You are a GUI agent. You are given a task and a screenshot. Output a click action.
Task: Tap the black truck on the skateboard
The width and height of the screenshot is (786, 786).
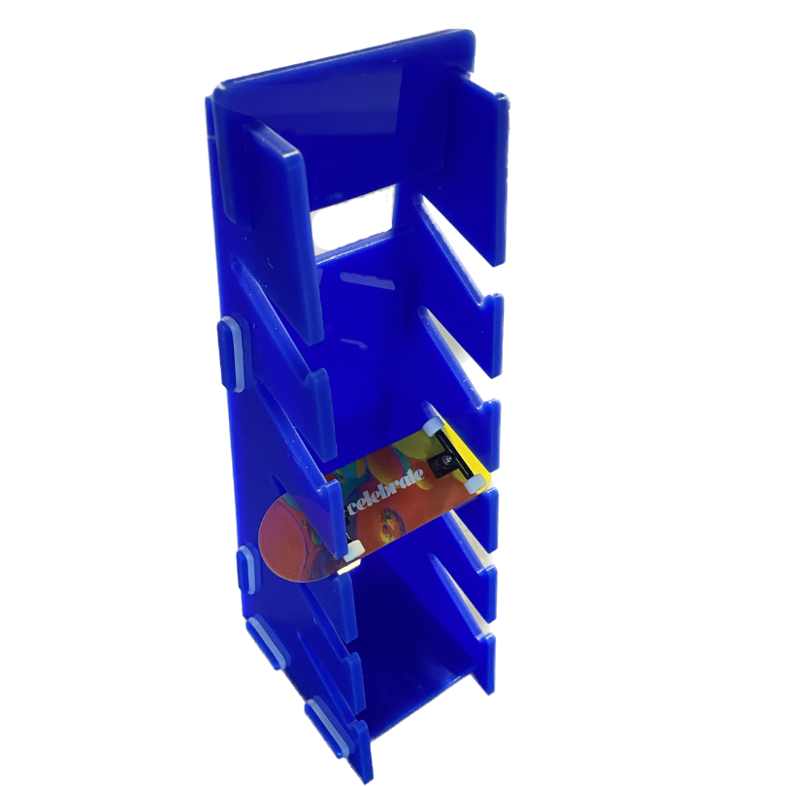[x=448, y=454]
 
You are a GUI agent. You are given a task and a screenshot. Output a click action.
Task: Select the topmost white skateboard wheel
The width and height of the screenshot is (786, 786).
[x=431, y=426]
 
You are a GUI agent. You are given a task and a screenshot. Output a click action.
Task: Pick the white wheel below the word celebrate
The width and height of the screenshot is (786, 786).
[x=354, y=550]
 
